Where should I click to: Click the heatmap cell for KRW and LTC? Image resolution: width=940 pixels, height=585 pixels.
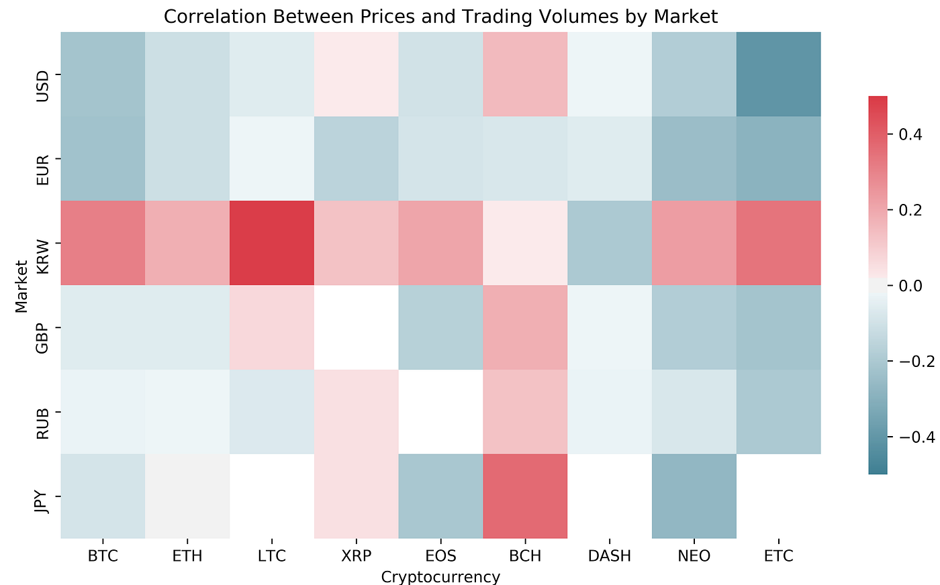(x=272, y=243)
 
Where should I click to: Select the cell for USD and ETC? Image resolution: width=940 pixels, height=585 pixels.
(x=778, y=74)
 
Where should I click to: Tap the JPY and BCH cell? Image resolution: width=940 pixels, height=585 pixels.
(x=525, y=496)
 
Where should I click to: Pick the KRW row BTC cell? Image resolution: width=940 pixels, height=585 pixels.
(x=103, y=243)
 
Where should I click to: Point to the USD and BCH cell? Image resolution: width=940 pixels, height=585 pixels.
(x=525, y=74)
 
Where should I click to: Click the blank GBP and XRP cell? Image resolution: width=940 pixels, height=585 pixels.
(x=356, y=327)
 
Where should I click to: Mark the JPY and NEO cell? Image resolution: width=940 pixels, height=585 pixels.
(x=694, y=496)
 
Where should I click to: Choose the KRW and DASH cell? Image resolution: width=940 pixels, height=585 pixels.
(x=609, y=243)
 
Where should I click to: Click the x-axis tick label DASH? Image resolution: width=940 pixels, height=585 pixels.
(x=609, y=556)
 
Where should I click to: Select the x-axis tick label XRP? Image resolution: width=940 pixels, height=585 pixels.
(x=356, y=556)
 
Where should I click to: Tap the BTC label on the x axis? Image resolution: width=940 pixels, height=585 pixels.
(x=103, y=556)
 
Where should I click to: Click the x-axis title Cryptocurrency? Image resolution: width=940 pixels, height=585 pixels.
(x=440, y=576)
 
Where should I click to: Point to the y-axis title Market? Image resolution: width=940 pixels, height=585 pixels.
(x=21, y=285)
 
